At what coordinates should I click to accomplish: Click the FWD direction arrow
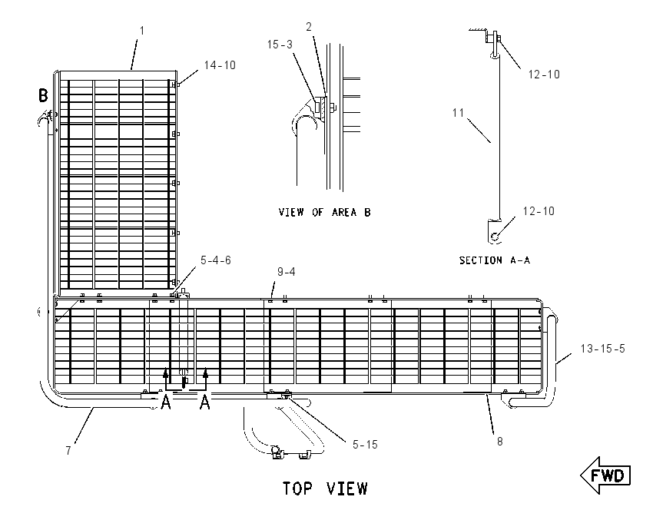(605, 475)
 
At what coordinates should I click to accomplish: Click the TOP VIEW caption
(325, 488)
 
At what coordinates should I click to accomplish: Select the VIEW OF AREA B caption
(324, 212)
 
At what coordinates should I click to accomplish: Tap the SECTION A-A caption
(494, 260)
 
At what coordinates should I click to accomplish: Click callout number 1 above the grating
(142, 31)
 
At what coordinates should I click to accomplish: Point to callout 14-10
(220, 65)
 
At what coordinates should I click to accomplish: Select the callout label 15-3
(280, 45)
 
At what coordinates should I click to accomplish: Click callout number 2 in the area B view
(309, 27)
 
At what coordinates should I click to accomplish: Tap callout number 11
(458, 113)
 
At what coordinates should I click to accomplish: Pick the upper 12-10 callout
(544, 75)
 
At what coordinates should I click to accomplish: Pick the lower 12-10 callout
(539, 211)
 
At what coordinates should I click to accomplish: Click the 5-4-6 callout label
(216, 260)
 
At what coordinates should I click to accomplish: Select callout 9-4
(287, 272)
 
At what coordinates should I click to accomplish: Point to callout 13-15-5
(602, 349)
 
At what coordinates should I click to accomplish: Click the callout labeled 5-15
(365, 445)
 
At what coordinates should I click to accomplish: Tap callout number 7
(68, 450)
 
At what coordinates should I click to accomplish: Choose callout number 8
(500, 442)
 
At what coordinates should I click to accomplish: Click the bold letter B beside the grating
(43, 95)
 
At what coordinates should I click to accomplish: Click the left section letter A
(166, 402)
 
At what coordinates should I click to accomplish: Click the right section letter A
(204, 402)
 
